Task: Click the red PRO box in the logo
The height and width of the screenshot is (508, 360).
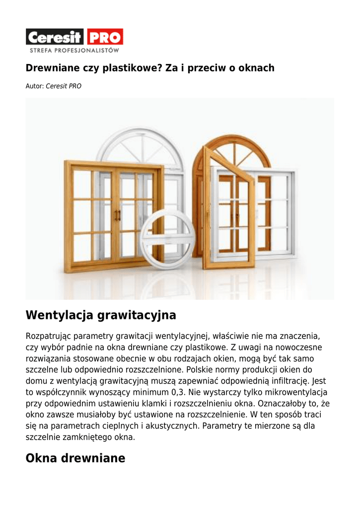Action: tap(105, 37)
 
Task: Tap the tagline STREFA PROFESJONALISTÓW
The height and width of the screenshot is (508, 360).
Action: tap(74, 50)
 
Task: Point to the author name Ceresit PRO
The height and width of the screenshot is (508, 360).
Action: tap(64, 86)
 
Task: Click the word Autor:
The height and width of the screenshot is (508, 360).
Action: tap(35, 86)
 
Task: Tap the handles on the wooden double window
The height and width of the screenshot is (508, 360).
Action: tap(118, 215)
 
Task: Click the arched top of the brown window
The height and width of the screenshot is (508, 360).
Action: tap(232, 149)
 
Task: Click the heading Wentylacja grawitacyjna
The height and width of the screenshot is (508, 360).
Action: tap(101, 315)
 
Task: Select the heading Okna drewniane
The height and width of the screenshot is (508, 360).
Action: tap(75, 458)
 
